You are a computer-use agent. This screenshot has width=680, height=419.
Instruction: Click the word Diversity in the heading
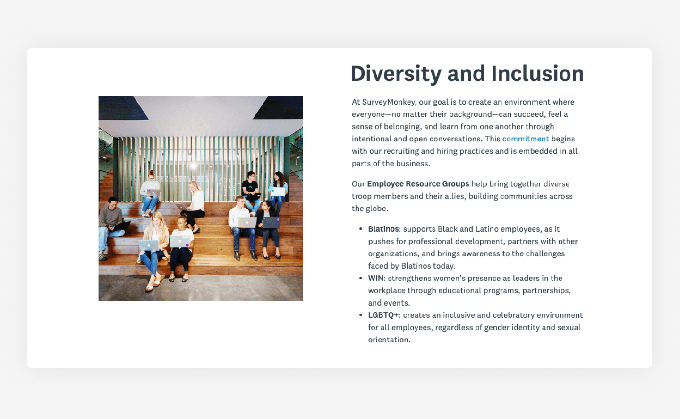coord(396,74)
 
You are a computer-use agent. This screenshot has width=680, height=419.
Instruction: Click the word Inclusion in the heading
coord(537,74)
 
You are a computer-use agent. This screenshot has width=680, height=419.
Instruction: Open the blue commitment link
coord(525,139)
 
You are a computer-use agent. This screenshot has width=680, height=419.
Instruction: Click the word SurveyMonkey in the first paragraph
coord(389,102)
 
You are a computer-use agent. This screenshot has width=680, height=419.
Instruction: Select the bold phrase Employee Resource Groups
coord(418,183)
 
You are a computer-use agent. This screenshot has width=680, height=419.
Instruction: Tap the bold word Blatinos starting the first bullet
coord(383,229)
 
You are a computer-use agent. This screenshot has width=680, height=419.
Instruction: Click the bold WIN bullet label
coord(376,278)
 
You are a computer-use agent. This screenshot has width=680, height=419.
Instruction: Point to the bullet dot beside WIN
coord(361,278)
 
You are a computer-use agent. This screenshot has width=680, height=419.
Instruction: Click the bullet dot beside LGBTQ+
coord(361,315)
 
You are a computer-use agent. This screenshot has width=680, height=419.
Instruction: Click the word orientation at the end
coord(389,340)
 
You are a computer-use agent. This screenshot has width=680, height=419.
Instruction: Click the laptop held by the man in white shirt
coord(247,222)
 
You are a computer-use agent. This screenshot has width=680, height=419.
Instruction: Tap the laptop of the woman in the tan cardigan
coord(149,245)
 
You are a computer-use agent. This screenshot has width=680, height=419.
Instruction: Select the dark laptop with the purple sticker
coord(271,222)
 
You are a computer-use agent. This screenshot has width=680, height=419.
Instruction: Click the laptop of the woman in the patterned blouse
coord(278,191)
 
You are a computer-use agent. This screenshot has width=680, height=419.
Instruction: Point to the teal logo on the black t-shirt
coord(250,188)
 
